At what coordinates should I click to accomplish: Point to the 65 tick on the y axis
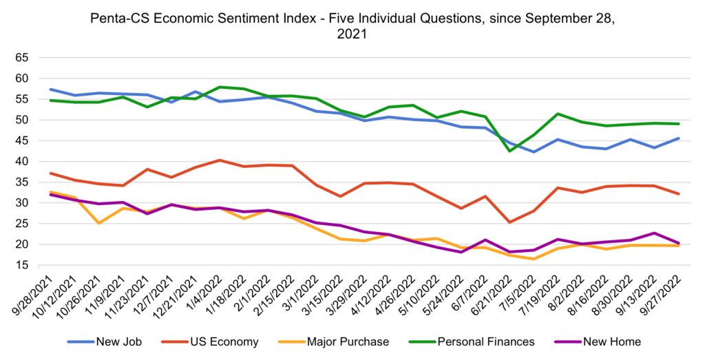(x=23, y=58)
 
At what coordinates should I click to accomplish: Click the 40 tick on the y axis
(x=23, y=161)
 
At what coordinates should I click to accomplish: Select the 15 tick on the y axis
(x=23, y=265)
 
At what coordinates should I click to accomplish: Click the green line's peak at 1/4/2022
(x=219, y=87)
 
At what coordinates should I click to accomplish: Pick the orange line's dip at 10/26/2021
(x=101, y=223)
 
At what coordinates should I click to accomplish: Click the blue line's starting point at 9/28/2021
(x=51, y=89)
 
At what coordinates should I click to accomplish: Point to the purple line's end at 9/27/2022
(x=679, y=243)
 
